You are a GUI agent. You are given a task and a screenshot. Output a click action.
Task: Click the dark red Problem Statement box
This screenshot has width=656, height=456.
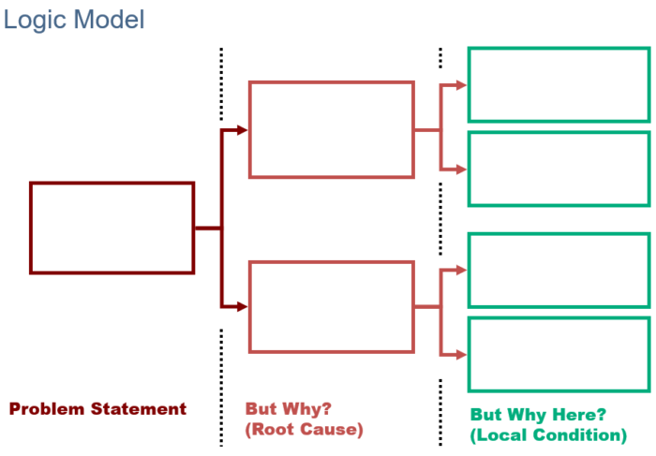point(112,228)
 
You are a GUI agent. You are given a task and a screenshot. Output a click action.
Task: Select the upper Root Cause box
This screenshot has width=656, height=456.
point(331,129)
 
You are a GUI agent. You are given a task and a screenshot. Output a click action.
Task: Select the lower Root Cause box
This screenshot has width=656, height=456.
point(331,306)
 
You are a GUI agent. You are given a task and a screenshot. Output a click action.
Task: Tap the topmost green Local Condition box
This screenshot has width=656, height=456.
point(559,84)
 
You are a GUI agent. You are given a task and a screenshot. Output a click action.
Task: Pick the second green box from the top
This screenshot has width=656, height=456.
point(559,169)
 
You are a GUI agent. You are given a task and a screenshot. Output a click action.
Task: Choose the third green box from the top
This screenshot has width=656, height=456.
point(559,270)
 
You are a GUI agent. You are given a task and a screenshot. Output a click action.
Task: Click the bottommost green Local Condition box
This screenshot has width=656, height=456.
point(559,354)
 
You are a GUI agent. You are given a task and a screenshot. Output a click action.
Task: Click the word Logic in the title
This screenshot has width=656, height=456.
point(35,19)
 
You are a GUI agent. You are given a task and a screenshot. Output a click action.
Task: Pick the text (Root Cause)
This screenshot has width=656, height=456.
point(304,430)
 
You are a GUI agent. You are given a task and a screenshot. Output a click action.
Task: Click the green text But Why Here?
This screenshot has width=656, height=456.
point(538,414)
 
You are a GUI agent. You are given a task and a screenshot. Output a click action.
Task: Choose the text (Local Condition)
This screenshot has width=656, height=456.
point(548,434)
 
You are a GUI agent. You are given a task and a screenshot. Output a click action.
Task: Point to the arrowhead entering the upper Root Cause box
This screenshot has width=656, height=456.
point(243,129)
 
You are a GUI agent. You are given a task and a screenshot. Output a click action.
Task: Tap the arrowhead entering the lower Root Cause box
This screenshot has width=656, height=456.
point(243,306)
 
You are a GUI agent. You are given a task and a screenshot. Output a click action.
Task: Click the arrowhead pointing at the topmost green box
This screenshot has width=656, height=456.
point(462,85)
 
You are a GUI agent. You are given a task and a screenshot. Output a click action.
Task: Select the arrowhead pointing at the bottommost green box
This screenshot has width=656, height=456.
point(462,355)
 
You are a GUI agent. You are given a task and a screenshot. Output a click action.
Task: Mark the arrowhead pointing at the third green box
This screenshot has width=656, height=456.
point(462,271)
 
